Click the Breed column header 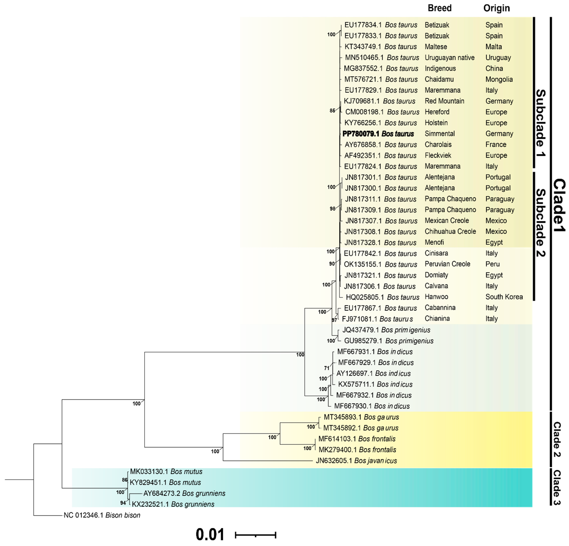(439, 8)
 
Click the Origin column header (496, 8)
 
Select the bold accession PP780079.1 (361, 134)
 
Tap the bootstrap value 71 (327, 368)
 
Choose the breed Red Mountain (444, 101)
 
